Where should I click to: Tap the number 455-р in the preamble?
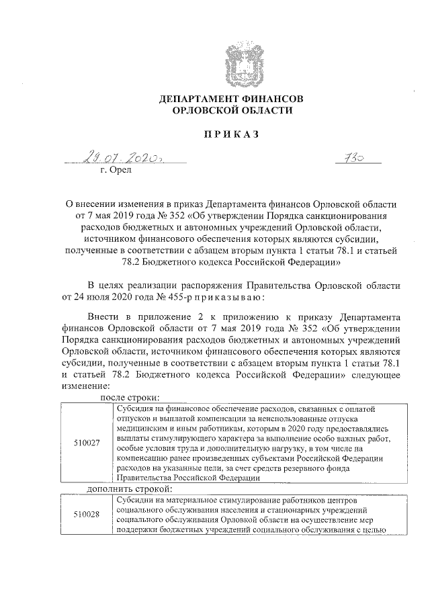click(x=180, y=296)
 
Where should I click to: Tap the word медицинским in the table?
click(x=140, y=426)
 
